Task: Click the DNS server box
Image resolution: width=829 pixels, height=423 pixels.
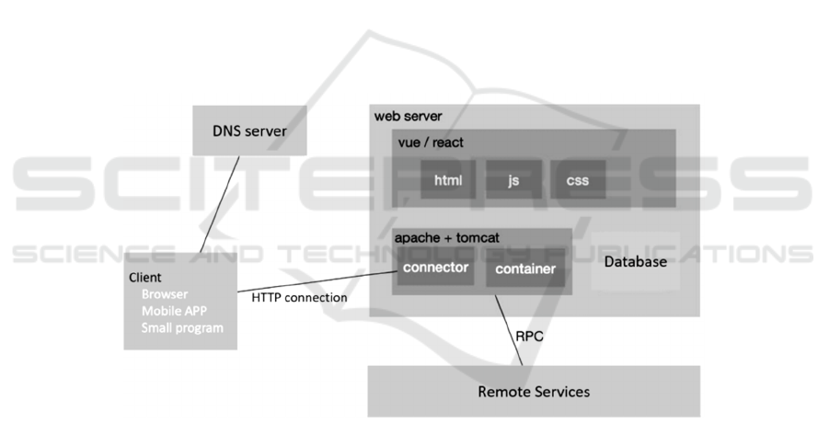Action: pyautogui.click(x=249, y=131)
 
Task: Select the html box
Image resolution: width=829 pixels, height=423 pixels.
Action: pyautogui.click(x=448, y=179)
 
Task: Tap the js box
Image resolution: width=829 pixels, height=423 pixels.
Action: pyautogui.click(x=513, y=179)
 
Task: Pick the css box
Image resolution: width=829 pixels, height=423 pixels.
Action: pyautogui.click(x=578, y=179)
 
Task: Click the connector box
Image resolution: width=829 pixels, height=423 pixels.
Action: pyautogui.click(x=437, y=268)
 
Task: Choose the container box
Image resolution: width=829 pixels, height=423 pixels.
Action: pyautogui.click(x=525, y=269)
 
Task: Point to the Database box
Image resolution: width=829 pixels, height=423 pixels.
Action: pyautogui.click(x=635, y=262)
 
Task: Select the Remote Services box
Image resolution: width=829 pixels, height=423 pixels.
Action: pyautogui.click(x=534, y=392)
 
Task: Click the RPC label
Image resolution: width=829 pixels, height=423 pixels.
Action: pyautogui.click(x=529, y=337)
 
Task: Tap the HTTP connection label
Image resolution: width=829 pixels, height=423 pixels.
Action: pyautogui.click(x=299, y=298)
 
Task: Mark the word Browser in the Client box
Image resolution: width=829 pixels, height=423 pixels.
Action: pyautogui.click(x=165, y=294)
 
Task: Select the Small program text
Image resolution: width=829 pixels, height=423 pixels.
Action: pyautogui.click(x=182, y=327)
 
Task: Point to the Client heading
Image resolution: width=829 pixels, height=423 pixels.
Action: pyautogui.click(x=144, y=277)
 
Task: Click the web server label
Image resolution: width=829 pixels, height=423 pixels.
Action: pyautogui.click(x=408, y=117)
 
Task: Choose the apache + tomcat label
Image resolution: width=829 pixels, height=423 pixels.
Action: pyautogui.click(x=447, y=238)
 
